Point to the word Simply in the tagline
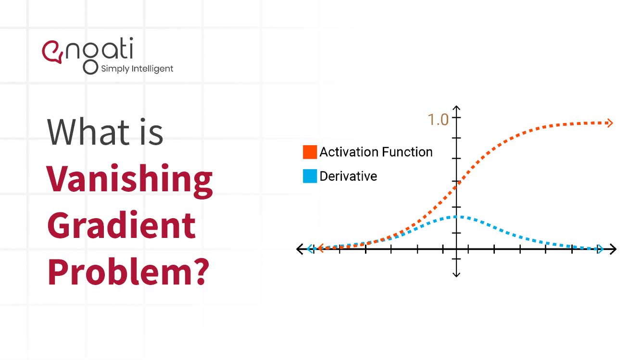coord(115,69)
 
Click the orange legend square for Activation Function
coord(310,152)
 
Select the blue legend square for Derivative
coord(310,176)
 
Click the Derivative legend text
coord(348,176)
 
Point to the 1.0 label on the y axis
coord(438,120)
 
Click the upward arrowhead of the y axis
coord(456,109)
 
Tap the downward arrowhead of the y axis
coord(456,274)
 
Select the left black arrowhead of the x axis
coord(300,249)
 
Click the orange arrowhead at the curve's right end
coord(610,123)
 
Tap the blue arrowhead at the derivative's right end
coord(600,249)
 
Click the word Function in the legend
coord(409,152)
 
